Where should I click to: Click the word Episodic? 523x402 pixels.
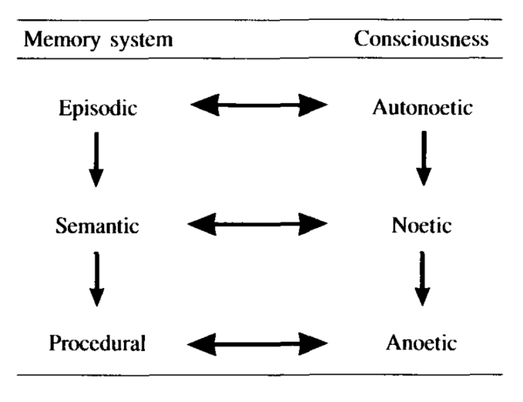(x=97, y=109)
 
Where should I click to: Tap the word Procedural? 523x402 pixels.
(x=97, y=343)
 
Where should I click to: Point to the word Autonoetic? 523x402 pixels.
(x=422, y=109)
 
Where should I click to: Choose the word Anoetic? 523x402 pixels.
(x=422, y=343)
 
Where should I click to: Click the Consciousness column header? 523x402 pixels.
(x=422, y=39)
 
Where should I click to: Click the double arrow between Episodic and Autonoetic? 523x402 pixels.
(x=259, y=106)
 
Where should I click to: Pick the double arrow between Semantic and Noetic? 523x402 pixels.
(x=259, y=223)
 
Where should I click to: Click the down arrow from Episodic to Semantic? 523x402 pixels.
(x=97, y=158)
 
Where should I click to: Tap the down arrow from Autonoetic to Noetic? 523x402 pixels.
(x=424, y=158)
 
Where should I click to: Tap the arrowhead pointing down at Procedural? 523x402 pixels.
(x=97, y=296)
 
